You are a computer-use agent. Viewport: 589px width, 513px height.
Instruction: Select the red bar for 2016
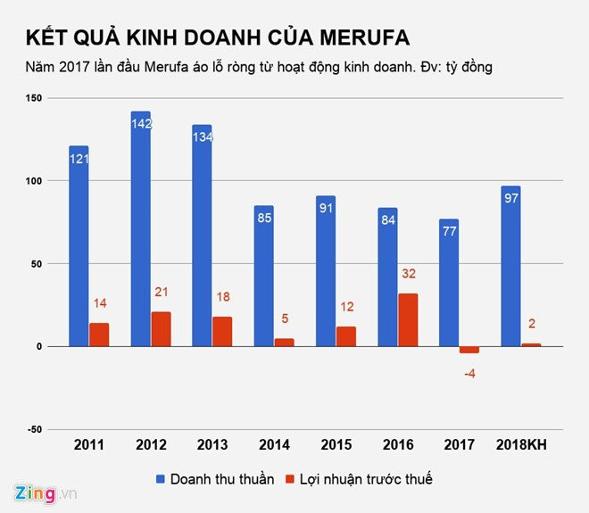[x=408, y=320]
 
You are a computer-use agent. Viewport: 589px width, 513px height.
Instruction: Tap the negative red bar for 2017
[x=469, y=350]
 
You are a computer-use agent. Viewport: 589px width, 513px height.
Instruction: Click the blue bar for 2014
[x=263, y=276]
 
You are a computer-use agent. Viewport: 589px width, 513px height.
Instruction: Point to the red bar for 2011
[x=99, y=335]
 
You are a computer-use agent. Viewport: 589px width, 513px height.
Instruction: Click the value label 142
[x=140, y=124]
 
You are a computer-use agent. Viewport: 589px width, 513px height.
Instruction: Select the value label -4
[x=469, y=373]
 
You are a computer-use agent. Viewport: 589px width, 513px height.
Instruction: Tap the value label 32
[x=408, y=274]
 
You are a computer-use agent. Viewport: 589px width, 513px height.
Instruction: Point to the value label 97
[x=510, y=198]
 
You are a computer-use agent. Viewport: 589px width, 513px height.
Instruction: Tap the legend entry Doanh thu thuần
[x=215, y=479]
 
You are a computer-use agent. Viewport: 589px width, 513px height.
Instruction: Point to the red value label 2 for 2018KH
[x=532, y=324]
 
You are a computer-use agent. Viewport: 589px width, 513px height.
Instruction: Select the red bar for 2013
[x=222, y=331]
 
